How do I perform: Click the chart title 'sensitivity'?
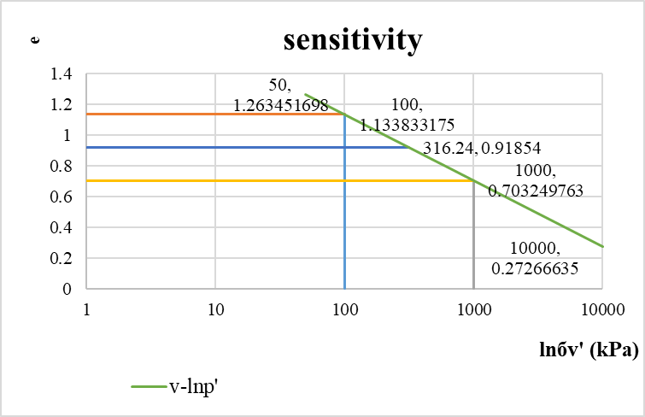353,39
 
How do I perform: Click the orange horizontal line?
214,114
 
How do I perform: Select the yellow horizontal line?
256,180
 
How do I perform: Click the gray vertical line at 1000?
473,239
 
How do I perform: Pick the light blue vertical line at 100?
344,214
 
